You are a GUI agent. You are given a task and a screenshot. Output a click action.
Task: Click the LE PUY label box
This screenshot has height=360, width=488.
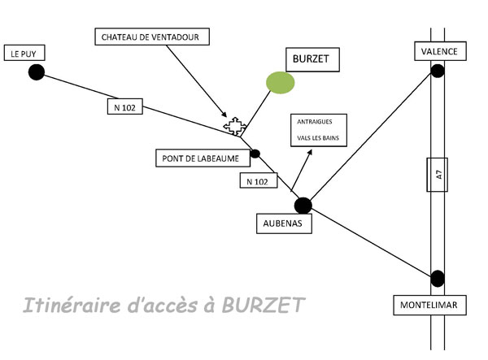(x=24, y=54)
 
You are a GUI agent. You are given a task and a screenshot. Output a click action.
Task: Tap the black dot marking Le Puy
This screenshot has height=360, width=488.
(x=36, y=72)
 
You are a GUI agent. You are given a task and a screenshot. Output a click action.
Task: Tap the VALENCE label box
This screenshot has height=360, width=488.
(x=439, y=51)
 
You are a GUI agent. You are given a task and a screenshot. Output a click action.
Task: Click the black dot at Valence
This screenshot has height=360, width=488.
(x=438, y=72)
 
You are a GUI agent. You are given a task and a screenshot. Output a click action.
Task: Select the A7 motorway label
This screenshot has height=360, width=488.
(x=437, y=173)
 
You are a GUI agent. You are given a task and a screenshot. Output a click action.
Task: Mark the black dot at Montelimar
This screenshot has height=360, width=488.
(x=438, y=278)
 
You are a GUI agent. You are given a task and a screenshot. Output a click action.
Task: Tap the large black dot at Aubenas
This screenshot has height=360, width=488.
(x=303, y=205)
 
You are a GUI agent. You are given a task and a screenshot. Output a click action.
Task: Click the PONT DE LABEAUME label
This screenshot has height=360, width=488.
(x=198, y=159)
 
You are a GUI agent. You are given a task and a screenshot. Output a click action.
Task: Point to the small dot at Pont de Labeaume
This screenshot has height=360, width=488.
(x=255, y=153)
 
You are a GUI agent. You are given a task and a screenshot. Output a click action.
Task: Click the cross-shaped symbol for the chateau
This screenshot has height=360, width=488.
(x=235, y=126)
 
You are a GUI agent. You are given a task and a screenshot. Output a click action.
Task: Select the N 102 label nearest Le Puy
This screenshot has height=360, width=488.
(x=123, y=106)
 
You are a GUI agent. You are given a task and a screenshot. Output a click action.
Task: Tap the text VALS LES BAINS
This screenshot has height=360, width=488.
(x=318, y=138)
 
